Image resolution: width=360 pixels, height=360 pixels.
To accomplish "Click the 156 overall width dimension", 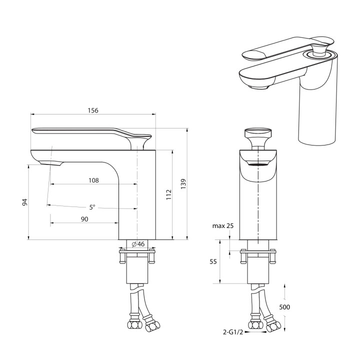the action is (93, 110).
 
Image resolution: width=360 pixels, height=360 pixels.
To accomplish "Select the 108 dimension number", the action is (93, 180).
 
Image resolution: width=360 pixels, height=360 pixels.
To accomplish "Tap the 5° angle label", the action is (92, 207).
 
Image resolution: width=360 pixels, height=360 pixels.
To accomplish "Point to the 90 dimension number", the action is (84, 219).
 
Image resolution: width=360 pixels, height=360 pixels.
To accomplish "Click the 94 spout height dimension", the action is (25, 202).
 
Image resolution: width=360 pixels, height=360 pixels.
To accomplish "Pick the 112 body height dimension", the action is (169, 194).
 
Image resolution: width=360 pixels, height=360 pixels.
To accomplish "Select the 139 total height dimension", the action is (183, 183).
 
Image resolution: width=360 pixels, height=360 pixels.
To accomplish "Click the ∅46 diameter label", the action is (138, 244).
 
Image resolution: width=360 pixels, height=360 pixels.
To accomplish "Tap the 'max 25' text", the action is (222, 226).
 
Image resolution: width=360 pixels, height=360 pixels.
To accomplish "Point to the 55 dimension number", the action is (213, 261).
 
